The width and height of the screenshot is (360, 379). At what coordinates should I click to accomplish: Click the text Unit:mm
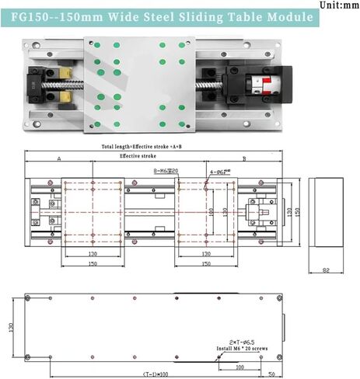(339, 5)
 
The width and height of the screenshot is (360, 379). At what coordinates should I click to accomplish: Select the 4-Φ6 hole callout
(220, 171)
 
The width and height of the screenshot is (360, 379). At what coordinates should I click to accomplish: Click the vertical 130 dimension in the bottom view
(11, 328)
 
